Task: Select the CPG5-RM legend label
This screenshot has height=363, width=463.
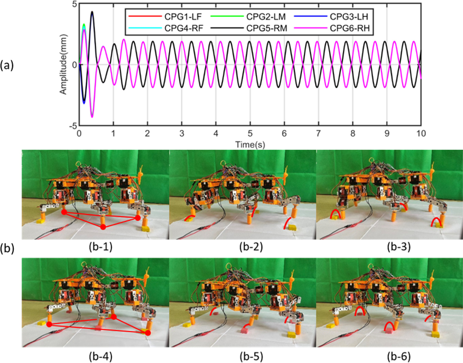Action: (x=266, y=28)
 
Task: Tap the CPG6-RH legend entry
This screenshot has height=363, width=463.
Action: (x=350, y=28)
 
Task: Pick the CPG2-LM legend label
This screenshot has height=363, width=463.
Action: (x=266, y=17)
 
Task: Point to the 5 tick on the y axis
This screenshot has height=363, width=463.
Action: (x=74, y=4)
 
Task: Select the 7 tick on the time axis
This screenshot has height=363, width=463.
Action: (x=318, y=134)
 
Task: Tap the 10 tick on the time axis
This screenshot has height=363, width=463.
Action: (x=421, y=134)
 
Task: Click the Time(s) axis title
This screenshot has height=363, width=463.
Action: (x=250, y=144)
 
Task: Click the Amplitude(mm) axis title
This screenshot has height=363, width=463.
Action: (x=63, y=64)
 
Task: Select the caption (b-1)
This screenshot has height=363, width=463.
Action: (x=100, y=247)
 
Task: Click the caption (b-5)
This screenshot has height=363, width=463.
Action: (x=251, y=355)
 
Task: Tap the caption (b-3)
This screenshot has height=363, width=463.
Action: (x=399, y=247)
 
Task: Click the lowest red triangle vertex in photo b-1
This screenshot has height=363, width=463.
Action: (x=103, y=227)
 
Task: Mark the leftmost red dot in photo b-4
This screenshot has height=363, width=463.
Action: (x=49, y=324)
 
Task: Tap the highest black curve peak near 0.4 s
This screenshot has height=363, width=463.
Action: (x=92, y=12)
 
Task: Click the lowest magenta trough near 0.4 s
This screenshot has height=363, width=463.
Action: (x=92, y=117)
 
